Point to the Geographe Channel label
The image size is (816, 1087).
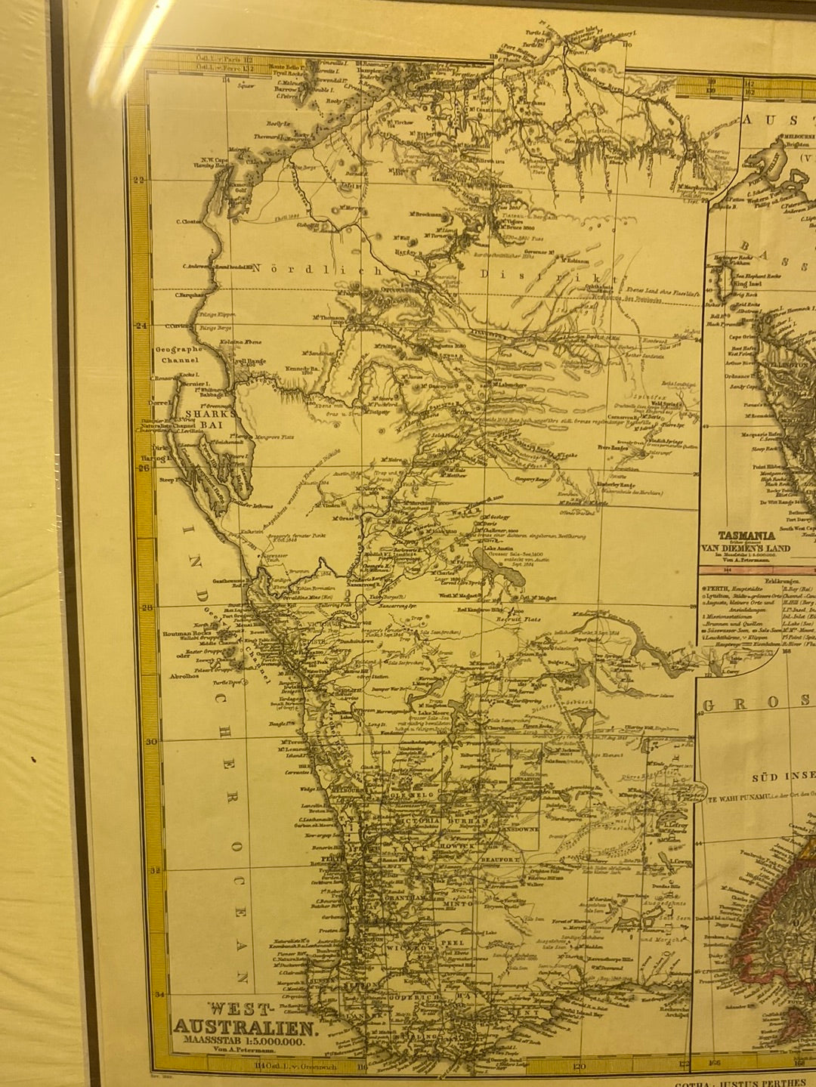[x=179, y=355]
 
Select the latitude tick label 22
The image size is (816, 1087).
[x=138, y=179]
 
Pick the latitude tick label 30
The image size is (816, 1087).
[x=152, y=741]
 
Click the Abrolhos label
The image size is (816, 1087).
[x=184, y=676]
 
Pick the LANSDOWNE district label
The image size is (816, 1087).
[x=518, y=829]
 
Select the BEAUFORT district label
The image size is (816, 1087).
[x=499, y=859]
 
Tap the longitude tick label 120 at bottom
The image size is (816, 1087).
[x=579, y=1067]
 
